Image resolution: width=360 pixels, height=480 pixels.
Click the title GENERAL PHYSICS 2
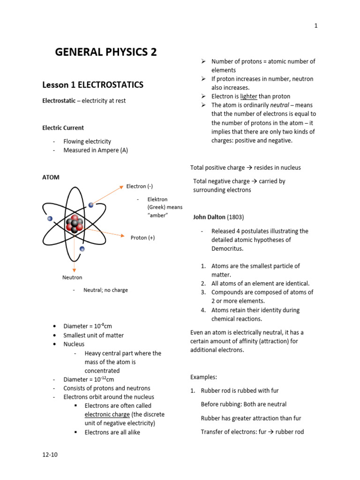[106, 52]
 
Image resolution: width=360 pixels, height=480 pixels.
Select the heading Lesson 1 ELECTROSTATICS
[93, 85]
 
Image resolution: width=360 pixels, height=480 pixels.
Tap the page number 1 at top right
[316, 26]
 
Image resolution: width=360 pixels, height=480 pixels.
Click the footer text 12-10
[50, 454]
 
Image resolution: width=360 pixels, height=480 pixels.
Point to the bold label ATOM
[51, 177]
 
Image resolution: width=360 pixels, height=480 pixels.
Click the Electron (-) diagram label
[139, 186]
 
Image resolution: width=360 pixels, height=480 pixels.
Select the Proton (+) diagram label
[142, 238]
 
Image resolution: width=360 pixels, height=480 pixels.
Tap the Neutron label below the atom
[72, 277]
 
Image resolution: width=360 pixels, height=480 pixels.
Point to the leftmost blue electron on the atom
[50, 218]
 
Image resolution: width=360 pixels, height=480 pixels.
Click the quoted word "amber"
[157, 215]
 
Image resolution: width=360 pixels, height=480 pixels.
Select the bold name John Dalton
[210, 217]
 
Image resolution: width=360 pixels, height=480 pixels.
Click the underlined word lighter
[249, 97]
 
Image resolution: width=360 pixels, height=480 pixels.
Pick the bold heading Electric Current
[63, 127]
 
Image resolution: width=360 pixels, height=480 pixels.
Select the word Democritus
[227, 248]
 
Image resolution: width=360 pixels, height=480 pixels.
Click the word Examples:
[203, 377]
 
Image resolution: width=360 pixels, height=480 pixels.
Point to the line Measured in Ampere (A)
[99, 150]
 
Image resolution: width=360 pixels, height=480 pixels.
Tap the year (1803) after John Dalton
[236, 217]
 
